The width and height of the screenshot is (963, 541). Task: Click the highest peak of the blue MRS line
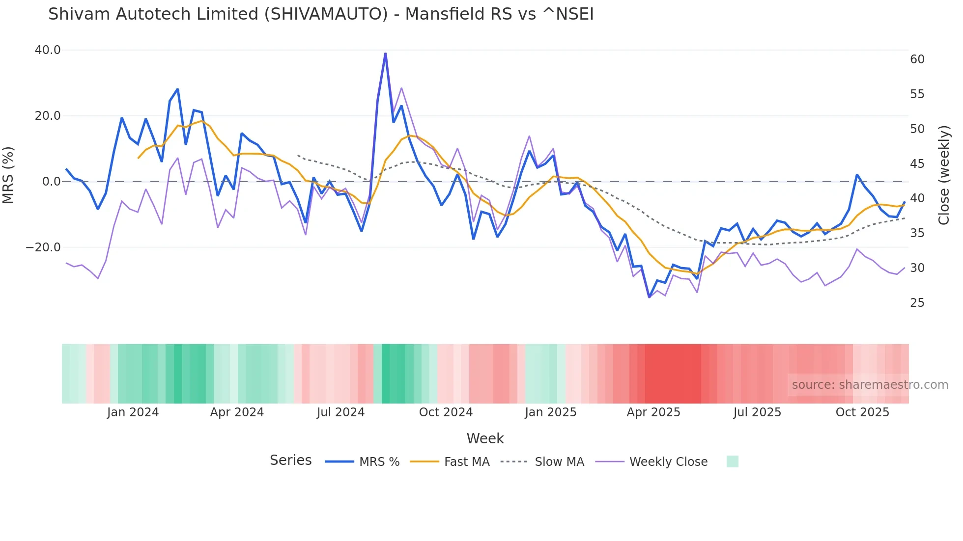pyautogui.click(x=385, y=54)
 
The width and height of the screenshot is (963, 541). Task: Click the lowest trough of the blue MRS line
pyautogui.click(x=649, y=297)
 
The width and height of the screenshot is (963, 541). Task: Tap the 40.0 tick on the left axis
pyautogui.click(x=48, y=50)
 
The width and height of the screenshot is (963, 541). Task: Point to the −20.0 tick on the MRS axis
pyautogui.click(x=43, y=247)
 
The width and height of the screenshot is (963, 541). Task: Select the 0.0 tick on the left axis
pyautogui.click(x=52, y=182)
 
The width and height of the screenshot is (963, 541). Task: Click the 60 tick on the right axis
pyautogui.click(x=917, y=59)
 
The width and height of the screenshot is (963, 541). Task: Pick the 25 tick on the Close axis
pyautogui.click(x=917, y=303)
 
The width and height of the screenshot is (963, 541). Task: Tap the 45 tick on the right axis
pyautogui.click(x=917, y=163)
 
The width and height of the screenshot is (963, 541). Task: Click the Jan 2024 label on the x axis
pyautogui.click(x=133, y=412)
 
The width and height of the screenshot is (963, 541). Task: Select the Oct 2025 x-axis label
pyautogui.click(x=862, y=412)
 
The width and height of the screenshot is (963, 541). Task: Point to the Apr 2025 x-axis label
pyautogui.click(x=653, y=412)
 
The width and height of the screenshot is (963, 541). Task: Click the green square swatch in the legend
pyautogui.click(x=732, y=461)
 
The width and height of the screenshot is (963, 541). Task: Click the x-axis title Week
pyautogui.click(x=485, y=438)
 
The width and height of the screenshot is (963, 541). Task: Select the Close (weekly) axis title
pyautogui.click(x=944, y=175)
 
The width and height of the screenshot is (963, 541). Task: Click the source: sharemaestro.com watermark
pyautogui.click(x=870, y=385)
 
